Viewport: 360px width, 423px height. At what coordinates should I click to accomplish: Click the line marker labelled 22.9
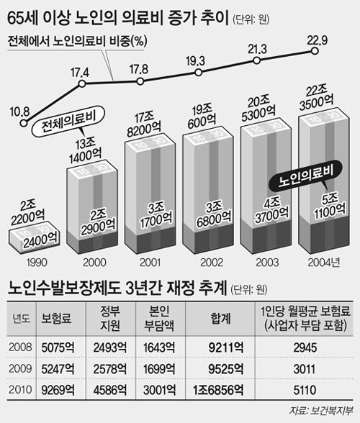click(314, 50)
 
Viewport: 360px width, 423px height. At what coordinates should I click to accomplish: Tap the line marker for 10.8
click(24, 123)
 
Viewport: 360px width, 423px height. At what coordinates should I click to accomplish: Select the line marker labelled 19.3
click(199, 72)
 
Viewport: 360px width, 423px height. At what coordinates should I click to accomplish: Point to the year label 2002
click(212, 262)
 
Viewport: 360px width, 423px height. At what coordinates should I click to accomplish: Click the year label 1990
click(37, 262)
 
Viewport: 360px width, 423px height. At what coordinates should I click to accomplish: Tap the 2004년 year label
click(323, 262)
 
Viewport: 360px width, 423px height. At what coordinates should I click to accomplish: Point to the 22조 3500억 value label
click(317, 98)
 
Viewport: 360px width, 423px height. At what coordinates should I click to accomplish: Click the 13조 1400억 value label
click(84, 151)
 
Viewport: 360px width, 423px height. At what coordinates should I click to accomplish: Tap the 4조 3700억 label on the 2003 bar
click(271, 211)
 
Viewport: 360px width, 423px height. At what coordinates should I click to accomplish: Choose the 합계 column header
click(220, 319)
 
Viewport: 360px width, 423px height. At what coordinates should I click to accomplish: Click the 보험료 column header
click(56, 319)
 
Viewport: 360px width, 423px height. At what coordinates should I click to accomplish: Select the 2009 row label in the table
click(20, 368)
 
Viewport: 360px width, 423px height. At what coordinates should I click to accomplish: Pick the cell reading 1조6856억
click(218, 390)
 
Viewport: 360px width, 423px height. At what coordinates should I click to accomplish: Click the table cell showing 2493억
click(110, 347)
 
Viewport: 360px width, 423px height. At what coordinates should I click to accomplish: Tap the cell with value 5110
click(305, 390)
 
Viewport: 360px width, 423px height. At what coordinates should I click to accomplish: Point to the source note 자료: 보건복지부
click(321, 411)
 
